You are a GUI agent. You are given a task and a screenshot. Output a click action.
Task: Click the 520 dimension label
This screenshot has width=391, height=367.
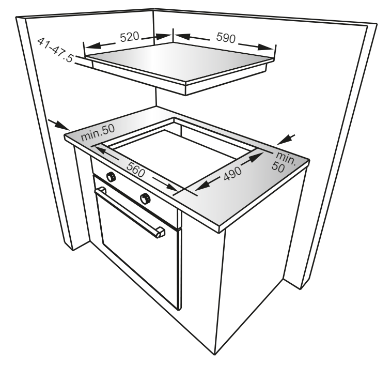point(130,37)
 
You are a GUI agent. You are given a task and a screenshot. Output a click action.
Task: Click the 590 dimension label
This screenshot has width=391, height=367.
point(226,38)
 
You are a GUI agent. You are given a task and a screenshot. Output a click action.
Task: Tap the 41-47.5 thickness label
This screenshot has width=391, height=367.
point(55,50)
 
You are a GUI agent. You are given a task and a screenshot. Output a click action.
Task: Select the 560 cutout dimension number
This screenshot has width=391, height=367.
point(136,170)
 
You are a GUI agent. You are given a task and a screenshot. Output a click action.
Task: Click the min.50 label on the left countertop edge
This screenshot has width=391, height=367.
point(98,132)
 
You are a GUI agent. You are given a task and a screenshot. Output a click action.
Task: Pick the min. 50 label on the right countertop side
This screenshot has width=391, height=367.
point(284,162)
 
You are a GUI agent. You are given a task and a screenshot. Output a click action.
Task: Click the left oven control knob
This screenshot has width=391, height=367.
point(111,177)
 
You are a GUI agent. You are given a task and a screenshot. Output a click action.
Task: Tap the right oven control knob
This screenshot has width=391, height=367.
point(145,198)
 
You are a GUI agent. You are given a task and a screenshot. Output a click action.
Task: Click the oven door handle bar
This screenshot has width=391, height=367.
point(129,211)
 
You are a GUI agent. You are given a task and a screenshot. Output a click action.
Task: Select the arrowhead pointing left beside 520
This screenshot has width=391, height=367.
point(93,45)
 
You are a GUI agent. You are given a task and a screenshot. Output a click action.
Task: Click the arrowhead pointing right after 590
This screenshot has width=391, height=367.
point(266,47)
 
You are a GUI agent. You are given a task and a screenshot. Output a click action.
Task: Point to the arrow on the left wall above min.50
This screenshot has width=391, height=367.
point(58,125)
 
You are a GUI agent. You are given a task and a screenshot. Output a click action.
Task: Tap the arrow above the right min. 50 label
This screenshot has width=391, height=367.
point(286,140)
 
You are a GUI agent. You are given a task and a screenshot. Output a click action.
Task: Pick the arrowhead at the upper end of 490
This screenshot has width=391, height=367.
point(256,158)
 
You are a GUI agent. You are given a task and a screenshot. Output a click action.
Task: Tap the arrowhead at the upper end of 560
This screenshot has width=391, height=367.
point(102,151)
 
